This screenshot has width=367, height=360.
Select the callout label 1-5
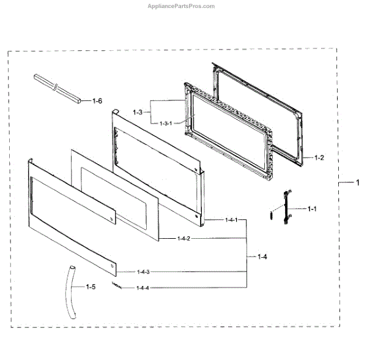click(x=91, y=286)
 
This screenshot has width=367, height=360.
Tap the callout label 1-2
click(x=319, y=157)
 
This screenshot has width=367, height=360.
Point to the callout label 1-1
click(x=312, y=209)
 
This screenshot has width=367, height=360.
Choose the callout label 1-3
click(x=138, y=112)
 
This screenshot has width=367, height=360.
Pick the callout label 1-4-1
click(x=231, y=219)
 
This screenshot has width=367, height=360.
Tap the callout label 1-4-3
click(x=143, y=271)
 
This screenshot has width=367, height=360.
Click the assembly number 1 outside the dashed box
click(x=358, y=182)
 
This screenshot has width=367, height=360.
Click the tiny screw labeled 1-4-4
click(x=116, y=285)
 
